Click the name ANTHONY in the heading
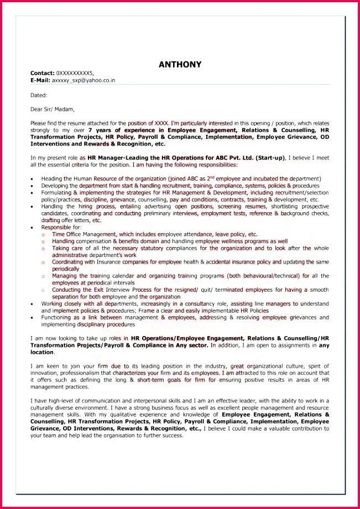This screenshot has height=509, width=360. (180, 65)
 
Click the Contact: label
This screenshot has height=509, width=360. (42, 73)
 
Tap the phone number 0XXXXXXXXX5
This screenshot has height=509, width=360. (75, 73)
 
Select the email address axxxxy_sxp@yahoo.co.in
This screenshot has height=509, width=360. (84, 80)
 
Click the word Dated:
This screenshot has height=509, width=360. (39, 95)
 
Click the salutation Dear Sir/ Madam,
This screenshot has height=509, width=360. (53, 109)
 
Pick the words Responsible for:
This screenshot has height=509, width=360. (61, 227)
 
